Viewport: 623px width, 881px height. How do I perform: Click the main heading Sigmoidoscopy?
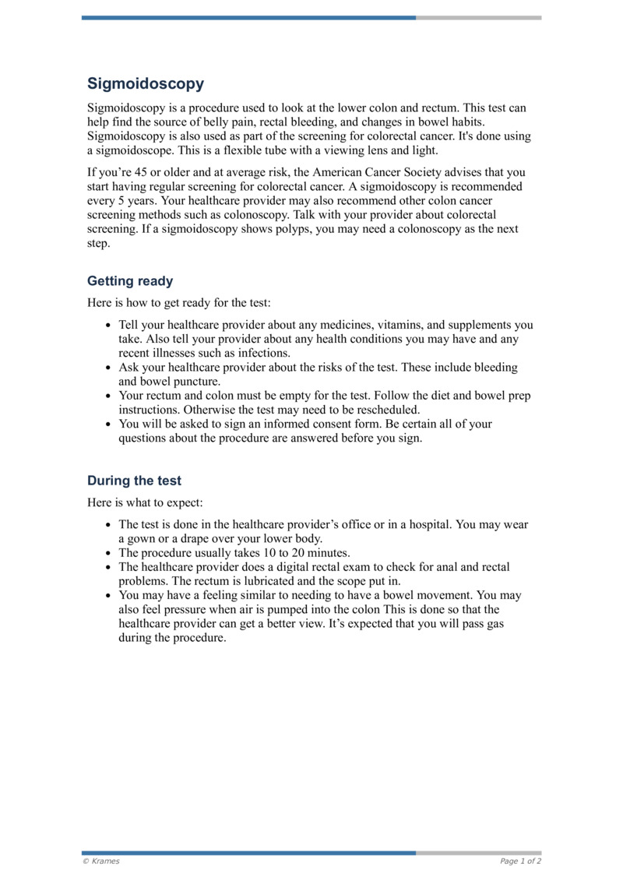point(146,84)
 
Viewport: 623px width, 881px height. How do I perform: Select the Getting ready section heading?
point(130,281)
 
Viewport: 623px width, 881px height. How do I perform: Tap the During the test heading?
point(134,481)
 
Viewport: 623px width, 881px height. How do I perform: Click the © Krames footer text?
point(101,861)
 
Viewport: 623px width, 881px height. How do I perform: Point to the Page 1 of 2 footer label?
point(520,861)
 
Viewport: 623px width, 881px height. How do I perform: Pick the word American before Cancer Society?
point(350,173)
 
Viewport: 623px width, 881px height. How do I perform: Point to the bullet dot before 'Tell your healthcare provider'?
point(107,326)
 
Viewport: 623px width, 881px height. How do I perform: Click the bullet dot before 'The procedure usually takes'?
point(107,554)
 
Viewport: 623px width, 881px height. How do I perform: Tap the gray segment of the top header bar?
point(478,17)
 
